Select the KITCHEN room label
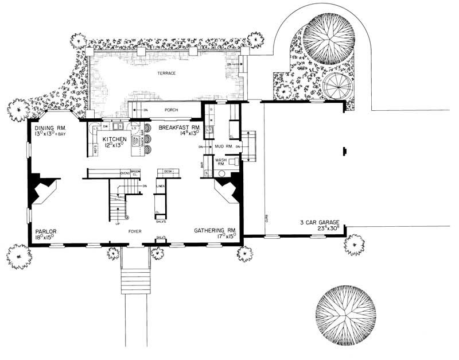click(x=114, y=139)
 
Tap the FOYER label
click(x=135, y=232)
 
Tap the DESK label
click(x=168, y=171)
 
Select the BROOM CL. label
click(x=135, y=172)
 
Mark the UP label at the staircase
click(x=118, y=223)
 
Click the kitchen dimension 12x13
click(x=114, y=146)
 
